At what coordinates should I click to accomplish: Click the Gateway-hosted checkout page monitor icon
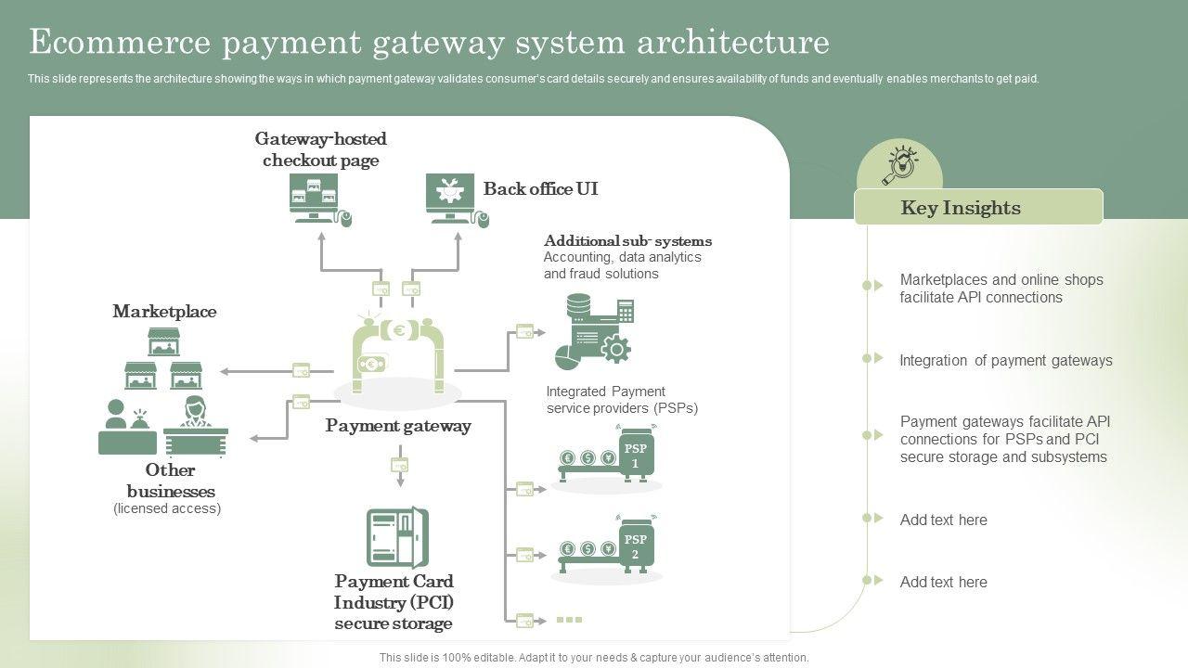[x=315, y=198]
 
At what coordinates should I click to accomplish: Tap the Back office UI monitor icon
[x=451, y=198]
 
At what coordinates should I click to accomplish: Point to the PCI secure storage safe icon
[x=396, y=537]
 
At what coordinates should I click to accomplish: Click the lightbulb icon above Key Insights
[x=899, y=166]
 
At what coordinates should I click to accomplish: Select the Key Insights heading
[x=961, y=208]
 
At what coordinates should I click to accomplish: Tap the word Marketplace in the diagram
[x=164, y=312]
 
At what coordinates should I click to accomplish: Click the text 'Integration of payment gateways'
[x=1005, y=361]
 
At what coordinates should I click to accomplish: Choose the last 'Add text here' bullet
[x=943, y=583]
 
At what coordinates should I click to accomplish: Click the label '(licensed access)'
[x=167, y=508]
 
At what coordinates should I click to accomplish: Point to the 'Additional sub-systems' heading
[x=627, y=241]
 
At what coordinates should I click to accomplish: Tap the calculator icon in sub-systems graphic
[x=625, y=311]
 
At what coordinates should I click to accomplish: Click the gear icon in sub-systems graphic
[x=615, y=349]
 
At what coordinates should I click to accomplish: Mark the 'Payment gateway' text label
[x=398, y=426]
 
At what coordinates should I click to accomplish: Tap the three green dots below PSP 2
[x=569, y=619]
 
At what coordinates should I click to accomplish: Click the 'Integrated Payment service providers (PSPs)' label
[x=621, y=400]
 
